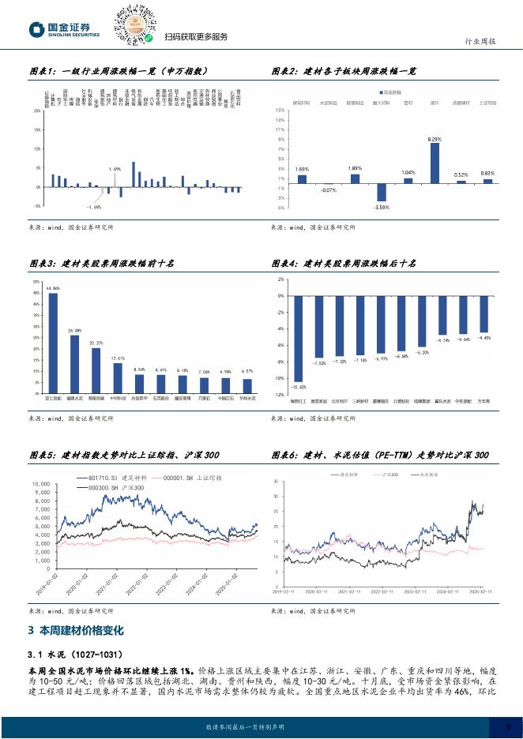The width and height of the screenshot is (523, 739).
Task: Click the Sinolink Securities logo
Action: (x=64, y=29)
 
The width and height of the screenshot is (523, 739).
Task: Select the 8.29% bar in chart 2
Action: (x=434, y=162)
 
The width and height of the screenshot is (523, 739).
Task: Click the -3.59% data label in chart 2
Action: (x=382, y=206)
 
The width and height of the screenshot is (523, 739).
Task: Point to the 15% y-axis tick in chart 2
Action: (x=280, y=111)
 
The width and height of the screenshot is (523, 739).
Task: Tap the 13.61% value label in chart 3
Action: (x=117, y=358)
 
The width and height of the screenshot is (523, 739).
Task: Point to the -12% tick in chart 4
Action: (x=280, y=394)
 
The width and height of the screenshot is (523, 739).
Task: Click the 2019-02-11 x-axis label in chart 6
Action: (x=283, y=590)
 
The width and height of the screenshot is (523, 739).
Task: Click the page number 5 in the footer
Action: (x=495, y=726)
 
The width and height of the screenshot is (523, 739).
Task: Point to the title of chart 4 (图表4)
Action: (x=344, y=262)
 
